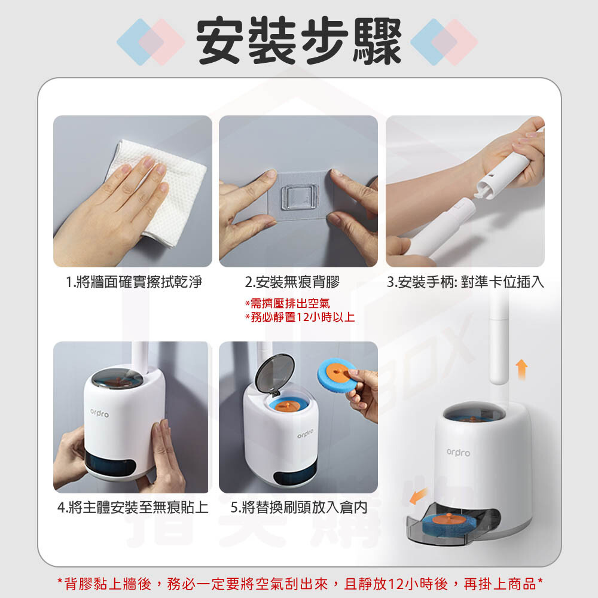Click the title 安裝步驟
click(x=298, y=41)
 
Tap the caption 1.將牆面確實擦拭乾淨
click(x=134, y=282)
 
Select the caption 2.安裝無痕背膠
click(x=292, y=282)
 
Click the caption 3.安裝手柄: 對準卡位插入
click(x=465, y=282)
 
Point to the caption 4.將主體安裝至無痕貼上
click(x=133, y=507)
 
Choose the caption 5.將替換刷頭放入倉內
click(x=299, y=507)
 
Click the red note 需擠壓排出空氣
click(x=288, y=304)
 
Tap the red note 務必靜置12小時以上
click(x=300, y=317)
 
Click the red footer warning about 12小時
click(x=300, y=584)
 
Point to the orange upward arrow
click(x=521, y=369)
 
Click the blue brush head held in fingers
click(x=335, y=374)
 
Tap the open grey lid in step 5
click(x=274, y=374)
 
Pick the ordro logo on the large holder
click(x=459, y=453)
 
